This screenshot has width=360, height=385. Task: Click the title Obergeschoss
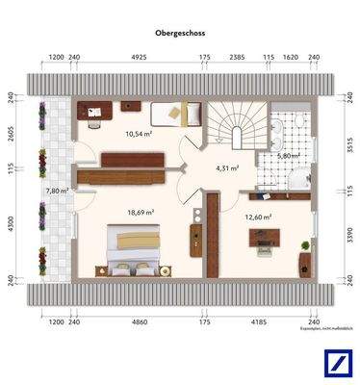click(180, 32)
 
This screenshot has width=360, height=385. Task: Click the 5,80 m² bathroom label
click(288, 155)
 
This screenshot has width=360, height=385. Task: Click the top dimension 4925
click(138, 59)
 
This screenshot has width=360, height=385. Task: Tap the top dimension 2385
click(236, 59)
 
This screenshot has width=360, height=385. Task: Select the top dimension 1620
click(290, 59)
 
